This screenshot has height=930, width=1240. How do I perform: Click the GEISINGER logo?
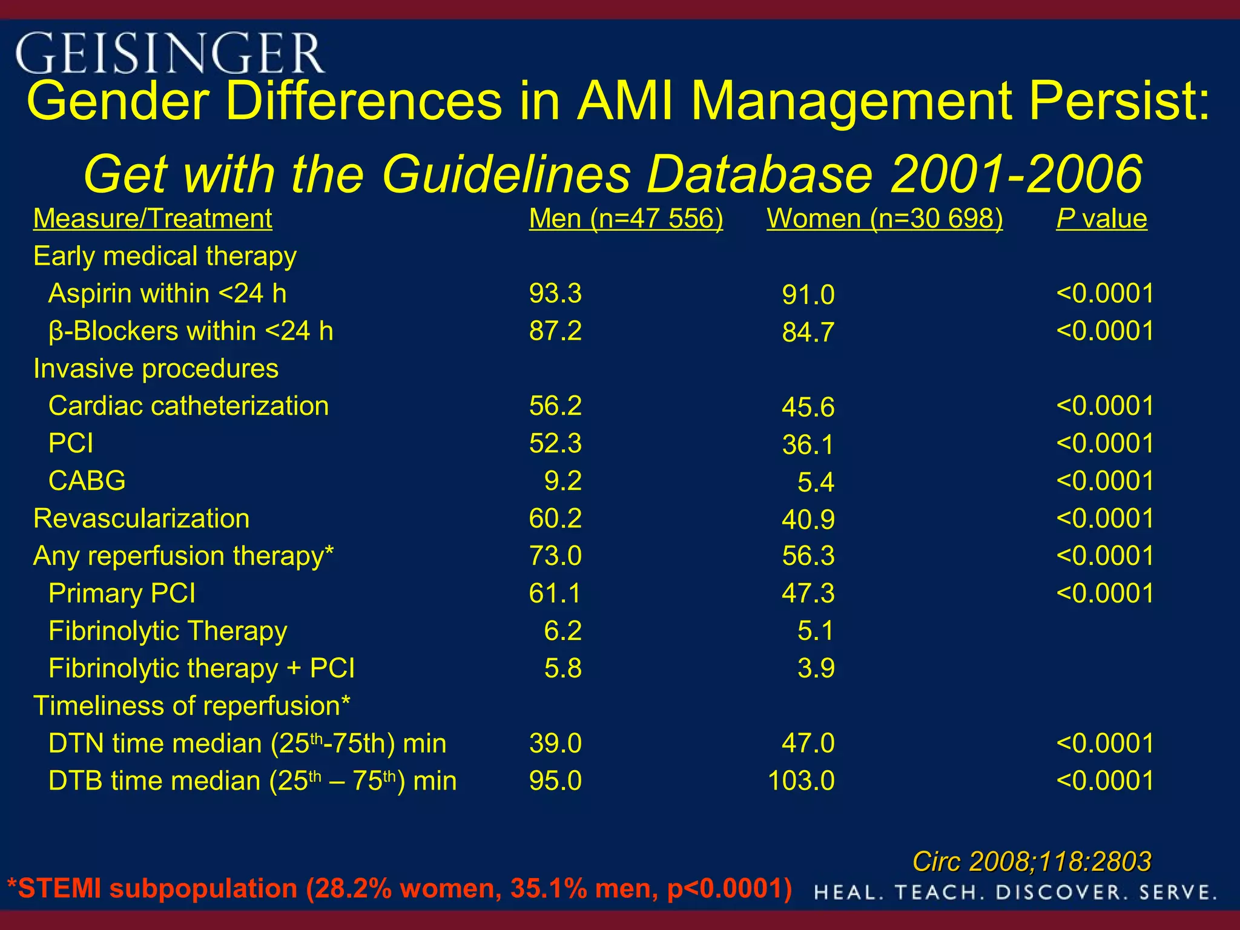click(x=170, y=53)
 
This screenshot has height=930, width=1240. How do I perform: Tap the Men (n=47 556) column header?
click(x=625, y=219)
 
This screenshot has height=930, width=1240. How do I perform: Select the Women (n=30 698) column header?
click(x=884, y=219)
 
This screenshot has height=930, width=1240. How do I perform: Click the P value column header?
click(x=1101, y=219)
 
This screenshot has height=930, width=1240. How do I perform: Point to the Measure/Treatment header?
click(x=153, y=219)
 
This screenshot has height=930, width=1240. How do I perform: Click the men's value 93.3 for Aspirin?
click(x=555, y=294)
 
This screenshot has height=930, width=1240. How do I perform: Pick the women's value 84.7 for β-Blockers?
click(x=808, y=332)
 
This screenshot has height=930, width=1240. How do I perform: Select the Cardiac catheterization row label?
click(x=188, y=406)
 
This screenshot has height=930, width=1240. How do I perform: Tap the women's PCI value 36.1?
click(x=808, y=445)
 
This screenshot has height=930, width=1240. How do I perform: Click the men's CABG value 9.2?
click(x=562, y=481)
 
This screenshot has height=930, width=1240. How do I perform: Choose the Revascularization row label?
click(x=141, y=519)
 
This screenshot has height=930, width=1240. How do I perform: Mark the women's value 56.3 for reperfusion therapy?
click(x=808, y=556)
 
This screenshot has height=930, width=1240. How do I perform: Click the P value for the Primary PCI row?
click(x=1104, y=593)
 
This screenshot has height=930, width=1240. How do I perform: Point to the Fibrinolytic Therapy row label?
click(x=168, y=631)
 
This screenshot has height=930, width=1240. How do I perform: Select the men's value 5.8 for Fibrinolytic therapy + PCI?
click(x=562, y=668)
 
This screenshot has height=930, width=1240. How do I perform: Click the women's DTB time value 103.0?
click(x=800, y=781)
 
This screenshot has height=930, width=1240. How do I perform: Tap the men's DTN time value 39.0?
click(x=555, y=744)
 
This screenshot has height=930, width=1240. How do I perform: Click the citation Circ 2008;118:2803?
click(x=1031, y=862)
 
